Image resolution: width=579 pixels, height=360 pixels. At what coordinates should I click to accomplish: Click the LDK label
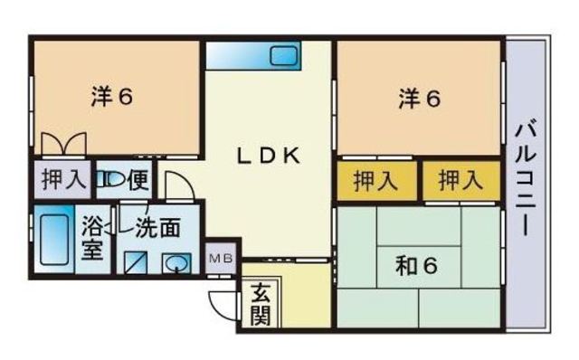[x=269, y=156]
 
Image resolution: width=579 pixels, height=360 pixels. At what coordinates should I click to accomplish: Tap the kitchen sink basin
[x=283, y=56]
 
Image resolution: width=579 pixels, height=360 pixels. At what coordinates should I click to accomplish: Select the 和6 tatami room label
[x=416, y=265]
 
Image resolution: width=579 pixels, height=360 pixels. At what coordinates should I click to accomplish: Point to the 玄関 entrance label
[x=261, y=304]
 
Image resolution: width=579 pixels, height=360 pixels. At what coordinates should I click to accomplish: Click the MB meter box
[x=221, y=259]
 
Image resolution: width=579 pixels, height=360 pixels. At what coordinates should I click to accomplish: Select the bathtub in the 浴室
[x=54, y=240]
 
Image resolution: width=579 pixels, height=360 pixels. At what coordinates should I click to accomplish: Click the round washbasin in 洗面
[x=176, y=263]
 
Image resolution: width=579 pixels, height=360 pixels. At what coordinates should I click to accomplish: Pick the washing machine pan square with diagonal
[x=136, y=262]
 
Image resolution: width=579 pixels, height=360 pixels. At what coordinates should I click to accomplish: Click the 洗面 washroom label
[x=158, y=227]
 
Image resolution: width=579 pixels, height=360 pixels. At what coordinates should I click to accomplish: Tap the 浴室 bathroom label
[x=92, y=237]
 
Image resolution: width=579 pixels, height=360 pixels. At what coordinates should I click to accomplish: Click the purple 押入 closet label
[x=64, y=179]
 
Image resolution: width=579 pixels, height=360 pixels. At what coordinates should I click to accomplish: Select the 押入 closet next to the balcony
[x=460, y=181]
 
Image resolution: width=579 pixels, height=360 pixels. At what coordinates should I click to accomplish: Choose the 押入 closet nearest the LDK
[x=376, y=181]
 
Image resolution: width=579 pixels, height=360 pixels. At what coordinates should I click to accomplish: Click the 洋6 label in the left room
[x=111, y=97]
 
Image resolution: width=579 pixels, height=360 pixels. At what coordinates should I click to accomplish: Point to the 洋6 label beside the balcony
[x=420, y=99]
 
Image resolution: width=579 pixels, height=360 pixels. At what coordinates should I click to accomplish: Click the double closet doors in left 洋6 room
[x=63, y=144]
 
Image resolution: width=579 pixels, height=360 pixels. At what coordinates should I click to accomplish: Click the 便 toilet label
[x=138, y=180]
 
